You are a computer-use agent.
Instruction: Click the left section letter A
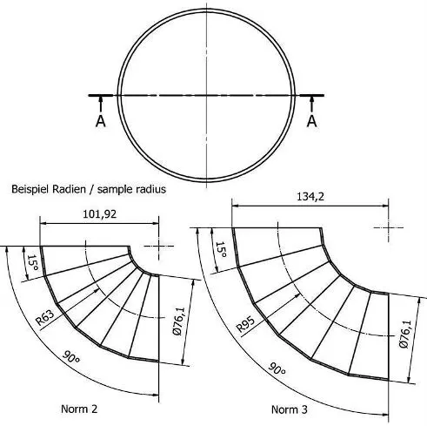pyautogui.click(x=100, y=121)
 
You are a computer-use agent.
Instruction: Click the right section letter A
pyautogui.click(x=311, y=121)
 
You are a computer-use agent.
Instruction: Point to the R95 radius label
pyautogui.click(x=246, y=327)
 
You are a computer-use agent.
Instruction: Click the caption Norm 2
pyautogui.click(x=79, y=409)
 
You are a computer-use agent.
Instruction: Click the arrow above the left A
pyautogui.click(x=100, y=103)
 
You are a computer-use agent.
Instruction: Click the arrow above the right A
pyautogui.click(x=311, y=103)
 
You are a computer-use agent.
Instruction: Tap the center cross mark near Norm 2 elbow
pyautogui.click(x=160, y=246)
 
